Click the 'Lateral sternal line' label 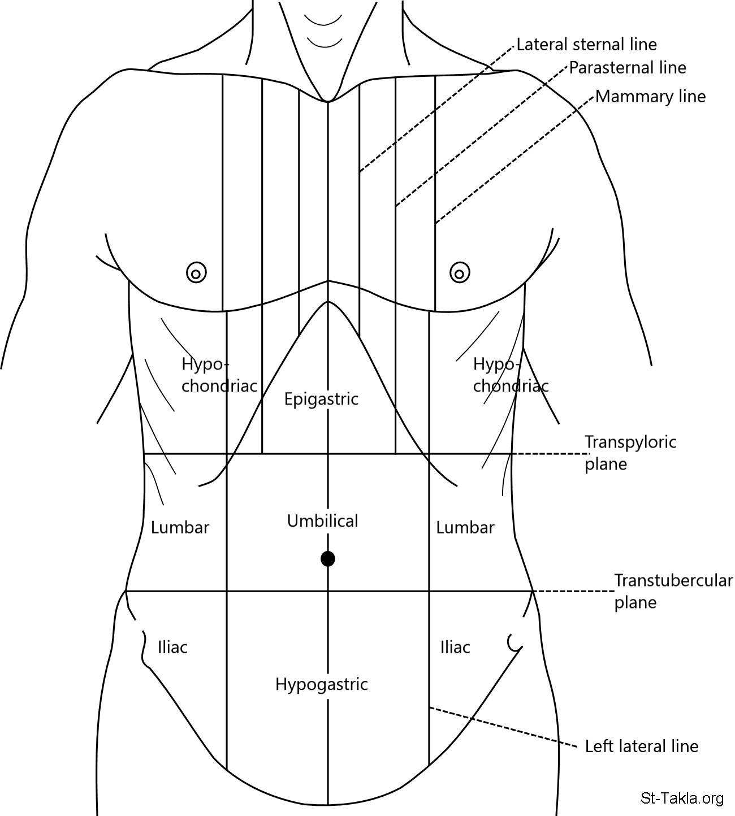586,44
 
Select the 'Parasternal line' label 627,68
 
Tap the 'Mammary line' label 650,97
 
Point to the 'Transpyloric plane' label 630,453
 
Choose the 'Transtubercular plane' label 673,591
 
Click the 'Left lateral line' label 641,746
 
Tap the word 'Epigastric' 321,399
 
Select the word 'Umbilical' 322,520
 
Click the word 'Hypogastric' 321,684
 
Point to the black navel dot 328,559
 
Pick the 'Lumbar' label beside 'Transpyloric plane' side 465,528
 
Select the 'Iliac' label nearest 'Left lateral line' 455,647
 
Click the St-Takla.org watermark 682,798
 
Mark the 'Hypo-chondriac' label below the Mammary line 510,375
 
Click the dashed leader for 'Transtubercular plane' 574,592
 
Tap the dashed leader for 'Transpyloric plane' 548,454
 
